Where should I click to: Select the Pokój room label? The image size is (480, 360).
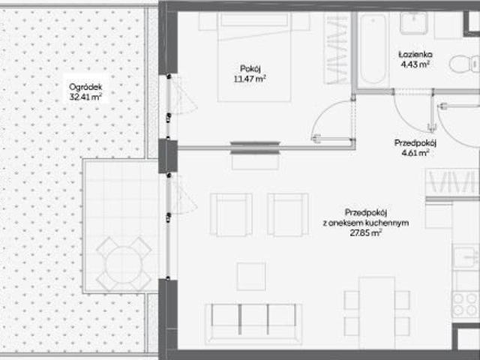tap(251, 65)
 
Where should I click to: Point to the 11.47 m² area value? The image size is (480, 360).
tap(251, 76)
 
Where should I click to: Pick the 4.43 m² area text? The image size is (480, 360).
tap(414, 65)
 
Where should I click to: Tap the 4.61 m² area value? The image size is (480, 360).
tap(415, 153)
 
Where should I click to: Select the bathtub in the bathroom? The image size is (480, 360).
tap(371, 50)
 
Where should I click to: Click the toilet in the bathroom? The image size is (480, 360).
tap(462, 65)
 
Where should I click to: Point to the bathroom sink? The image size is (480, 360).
tap(413, 22)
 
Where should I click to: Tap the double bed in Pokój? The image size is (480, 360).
tap(255, 56)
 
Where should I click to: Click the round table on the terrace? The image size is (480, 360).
tap(121, 262)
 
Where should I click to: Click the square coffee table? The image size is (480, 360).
tap(250, 276)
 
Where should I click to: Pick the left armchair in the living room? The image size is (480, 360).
tap(230, 214)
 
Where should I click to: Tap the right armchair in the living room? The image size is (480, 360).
tap(287, 214)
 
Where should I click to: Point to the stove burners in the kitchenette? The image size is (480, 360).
tap(465, 304)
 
